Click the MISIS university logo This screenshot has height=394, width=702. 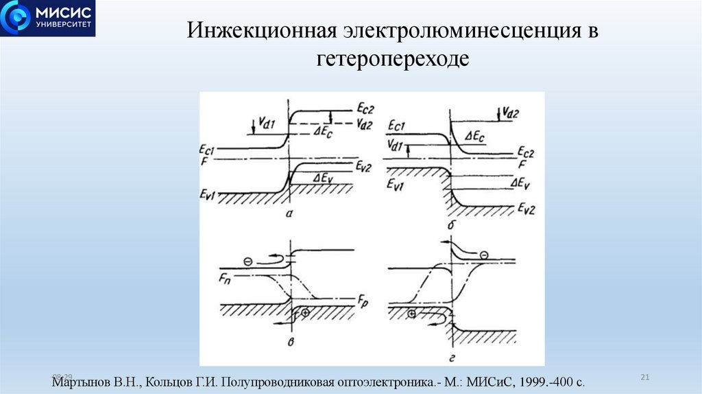click(x=48, y=18)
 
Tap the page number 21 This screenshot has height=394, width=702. click(x=644, y=377)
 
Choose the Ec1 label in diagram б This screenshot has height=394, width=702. click(x=398, y=126)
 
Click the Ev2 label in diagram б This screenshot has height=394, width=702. click(x=527, y=208)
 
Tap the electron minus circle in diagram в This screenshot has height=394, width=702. click(x=248, y=261)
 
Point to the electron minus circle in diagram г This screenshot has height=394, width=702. click(x=484, y=255)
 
